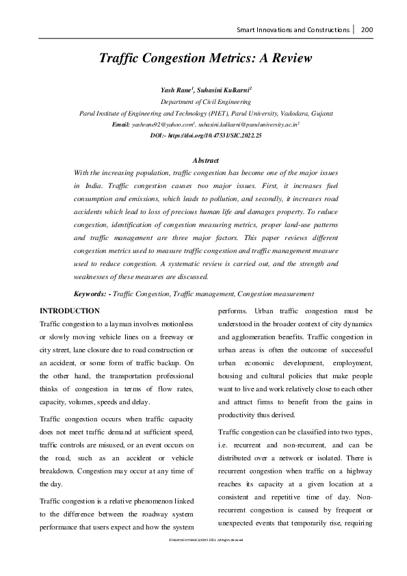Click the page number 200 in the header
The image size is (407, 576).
click(x=367, y=30)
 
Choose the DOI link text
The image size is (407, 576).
click(x=205, y=136)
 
